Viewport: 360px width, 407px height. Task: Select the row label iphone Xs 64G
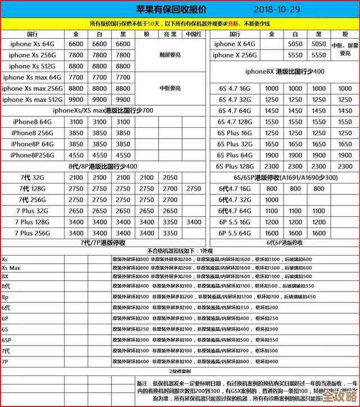coord(31,44)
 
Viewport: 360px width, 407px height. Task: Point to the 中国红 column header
coord(193,34)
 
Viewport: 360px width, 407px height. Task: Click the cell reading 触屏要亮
coord(170,55)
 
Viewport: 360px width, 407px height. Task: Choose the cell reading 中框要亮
coord(170,88)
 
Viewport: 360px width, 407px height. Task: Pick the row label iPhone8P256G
coord(32,155)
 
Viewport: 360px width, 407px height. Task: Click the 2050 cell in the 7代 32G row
coord(170,177)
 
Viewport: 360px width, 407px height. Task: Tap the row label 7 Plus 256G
coord(31,232)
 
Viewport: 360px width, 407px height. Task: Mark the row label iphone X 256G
coord(235,55)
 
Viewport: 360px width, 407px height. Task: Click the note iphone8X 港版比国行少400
coord(285,71)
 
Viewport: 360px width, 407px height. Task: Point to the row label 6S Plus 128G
coord(235,166)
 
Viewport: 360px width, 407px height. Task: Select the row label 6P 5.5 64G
coord(235,232)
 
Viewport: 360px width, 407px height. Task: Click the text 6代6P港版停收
coord(284,243)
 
